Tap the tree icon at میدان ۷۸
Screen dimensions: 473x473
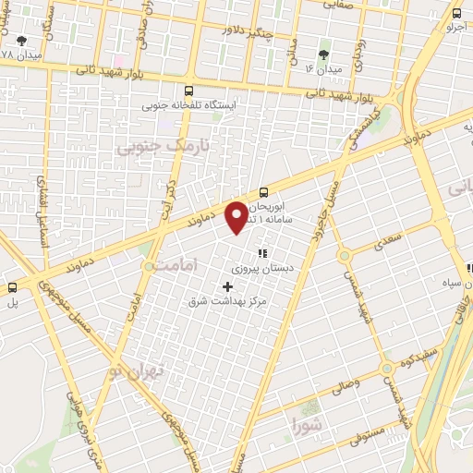(x=21, y=41)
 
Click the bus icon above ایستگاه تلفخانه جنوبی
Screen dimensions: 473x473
(x=189, y=91)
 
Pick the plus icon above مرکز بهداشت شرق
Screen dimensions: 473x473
(x=228, y=286)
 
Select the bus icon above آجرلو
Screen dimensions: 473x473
(x=456, y=13)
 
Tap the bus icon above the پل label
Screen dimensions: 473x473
(x=13, y=286)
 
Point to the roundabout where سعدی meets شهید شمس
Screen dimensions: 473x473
(x=345, y=255)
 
